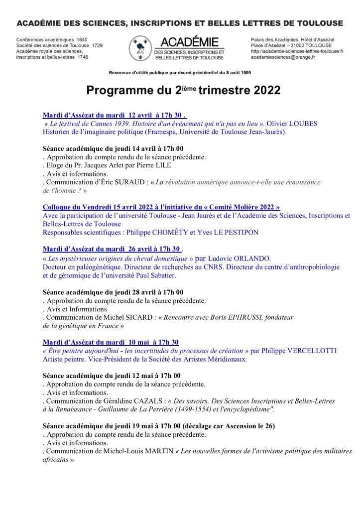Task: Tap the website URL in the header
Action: tap(297, 51)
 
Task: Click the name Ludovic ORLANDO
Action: tap(240, 259)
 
